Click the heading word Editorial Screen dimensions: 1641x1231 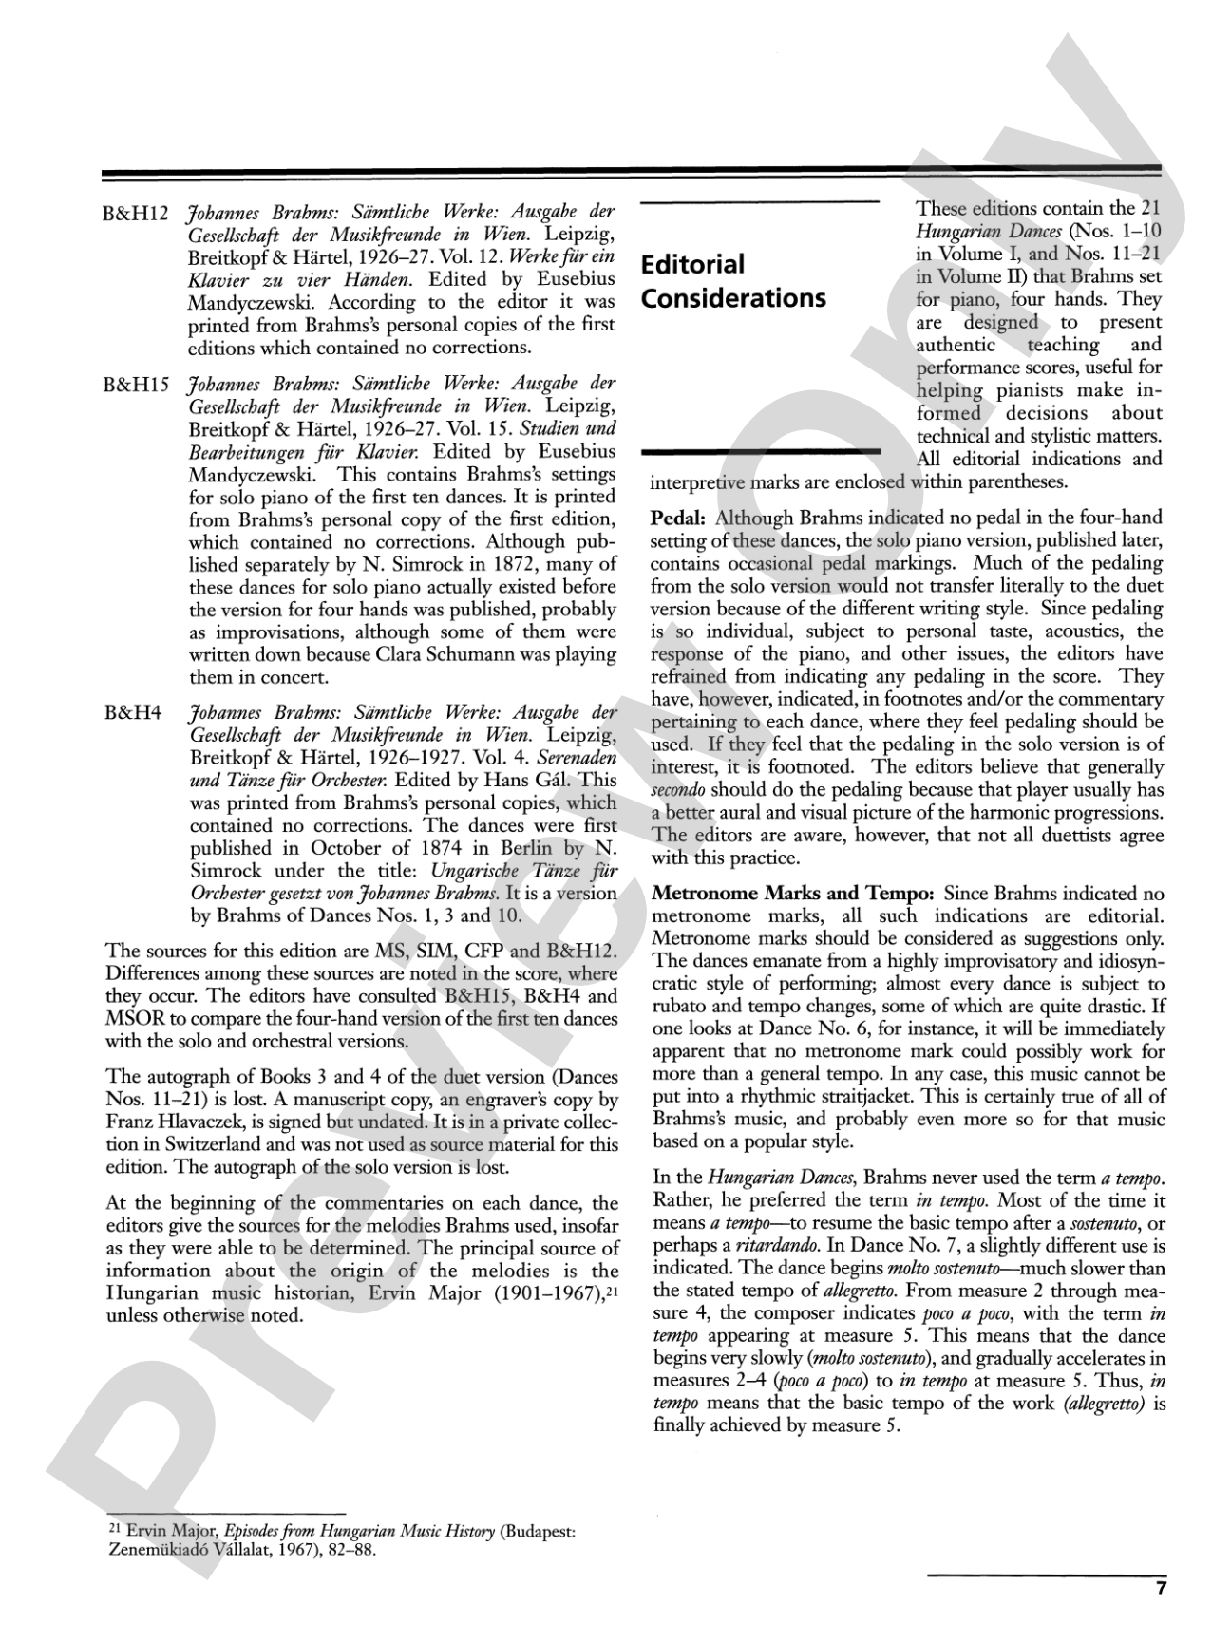point(693,264)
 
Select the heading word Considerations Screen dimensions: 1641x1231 point(733,298)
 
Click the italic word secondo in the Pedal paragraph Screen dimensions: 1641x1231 point(678,790)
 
